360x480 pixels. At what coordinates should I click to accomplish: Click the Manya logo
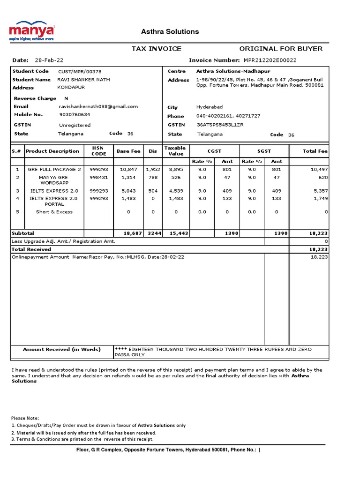tap(32, 31)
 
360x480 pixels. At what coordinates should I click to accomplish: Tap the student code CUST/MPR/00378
tap(80, 71)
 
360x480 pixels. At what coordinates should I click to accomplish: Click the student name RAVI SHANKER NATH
tap(84, 80)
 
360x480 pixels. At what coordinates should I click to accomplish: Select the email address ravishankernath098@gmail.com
tap(98, 107)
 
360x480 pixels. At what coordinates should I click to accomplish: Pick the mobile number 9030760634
tap(75, 115)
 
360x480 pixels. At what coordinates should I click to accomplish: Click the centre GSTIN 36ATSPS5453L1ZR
tap(220, 125)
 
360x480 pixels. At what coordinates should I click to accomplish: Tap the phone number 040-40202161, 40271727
tap(228, 116)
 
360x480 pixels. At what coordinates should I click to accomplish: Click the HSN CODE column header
tap(99, 151)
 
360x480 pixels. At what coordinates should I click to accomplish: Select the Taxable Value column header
tap(176, 151)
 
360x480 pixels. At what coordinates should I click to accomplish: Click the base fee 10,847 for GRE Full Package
tap(128, 169)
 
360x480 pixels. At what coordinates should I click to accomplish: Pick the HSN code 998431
tap(99, 178)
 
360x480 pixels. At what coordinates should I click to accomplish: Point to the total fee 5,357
tap(320, 191)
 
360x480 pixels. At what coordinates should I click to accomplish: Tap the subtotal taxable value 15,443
tap(176, 233)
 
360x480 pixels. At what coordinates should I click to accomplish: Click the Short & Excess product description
tap(54, 212)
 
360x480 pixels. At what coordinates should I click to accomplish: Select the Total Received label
tap(31, 250)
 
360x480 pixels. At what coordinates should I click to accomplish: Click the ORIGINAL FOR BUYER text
tap(281, 49)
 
